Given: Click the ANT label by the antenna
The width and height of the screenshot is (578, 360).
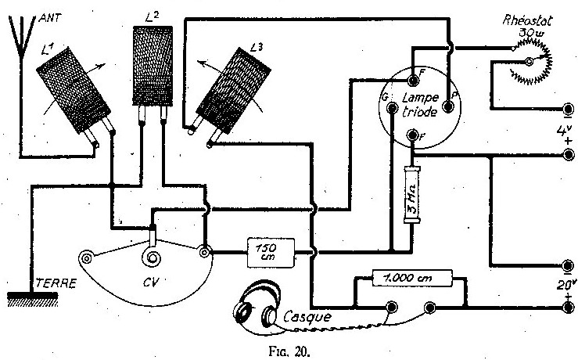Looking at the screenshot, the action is (x=50, y=18).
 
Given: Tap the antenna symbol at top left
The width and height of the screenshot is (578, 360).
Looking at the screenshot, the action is (x=22, y=37).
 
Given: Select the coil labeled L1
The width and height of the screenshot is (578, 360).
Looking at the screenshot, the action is (x=74, y=90).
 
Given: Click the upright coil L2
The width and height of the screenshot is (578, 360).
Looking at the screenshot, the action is (x=153, y=66).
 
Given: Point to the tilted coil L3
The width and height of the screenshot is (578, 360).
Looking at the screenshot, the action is (x=233, y=91).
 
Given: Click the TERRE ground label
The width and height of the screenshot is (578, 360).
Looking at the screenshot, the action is (x=56, y=283).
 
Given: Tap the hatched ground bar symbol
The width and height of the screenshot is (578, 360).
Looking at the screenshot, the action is (x=32, y=299).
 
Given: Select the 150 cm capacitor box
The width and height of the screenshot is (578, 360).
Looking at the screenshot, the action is (x=271, y=253).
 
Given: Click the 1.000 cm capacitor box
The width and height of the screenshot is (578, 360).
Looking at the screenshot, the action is (x=412, y=278).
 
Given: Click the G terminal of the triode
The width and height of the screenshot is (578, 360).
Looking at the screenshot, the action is (x=392, y=108).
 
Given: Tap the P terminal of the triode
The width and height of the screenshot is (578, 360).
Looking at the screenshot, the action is (x=448, y=107).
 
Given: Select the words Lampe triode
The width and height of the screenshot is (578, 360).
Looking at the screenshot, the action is (x=420, y=105).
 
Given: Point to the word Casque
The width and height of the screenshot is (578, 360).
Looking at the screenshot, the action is (x=307, y=316).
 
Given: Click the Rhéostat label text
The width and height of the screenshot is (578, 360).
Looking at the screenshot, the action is (x=528, y=20).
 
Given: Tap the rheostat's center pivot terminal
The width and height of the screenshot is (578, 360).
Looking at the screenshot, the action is (x=529, y=62).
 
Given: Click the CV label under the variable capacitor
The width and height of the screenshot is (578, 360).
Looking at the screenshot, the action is (x=151, y=283).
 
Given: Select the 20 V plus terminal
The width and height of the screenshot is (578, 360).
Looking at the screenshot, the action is (x=569, y=307).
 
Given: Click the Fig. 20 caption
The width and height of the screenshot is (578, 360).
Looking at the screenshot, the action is (x=289, y=351).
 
